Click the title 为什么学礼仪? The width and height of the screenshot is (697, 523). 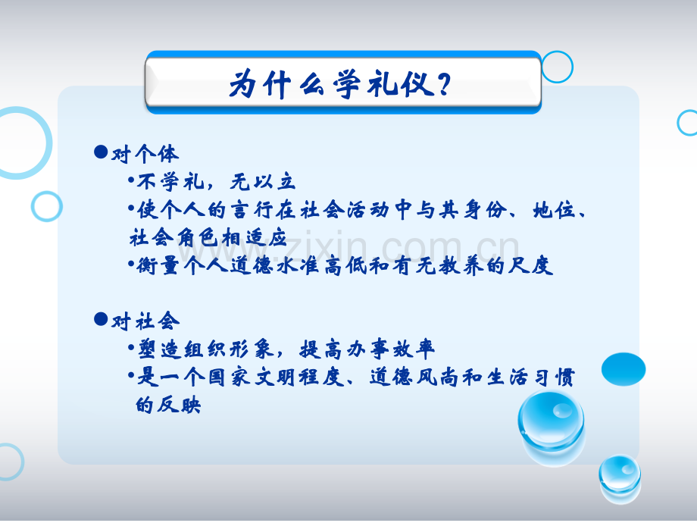(x=340, y=83)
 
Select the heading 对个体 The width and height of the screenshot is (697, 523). (x=145, y=154)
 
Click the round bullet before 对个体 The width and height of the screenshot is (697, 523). (x=101, y=152)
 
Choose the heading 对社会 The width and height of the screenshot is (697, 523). (x=145, y=321)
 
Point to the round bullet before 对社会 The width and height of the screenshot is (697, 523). (x=101, y=319)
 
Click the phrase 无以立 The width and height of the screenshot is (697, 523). (x=263, y=181)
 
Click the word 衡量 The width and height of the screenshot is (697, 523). (x=158, y=265)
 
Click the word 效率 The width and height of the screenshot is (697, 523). (x=414, y=349)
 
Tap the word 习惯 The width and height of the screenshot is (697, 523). (x=553, y=377)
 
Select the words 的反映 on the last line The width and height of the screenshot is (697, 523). (x=168, y=405)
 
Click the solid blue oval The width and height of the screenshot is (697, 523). (x=624, y=369)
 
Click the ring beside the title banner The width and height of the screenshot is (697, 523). (x=557, y=67)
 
